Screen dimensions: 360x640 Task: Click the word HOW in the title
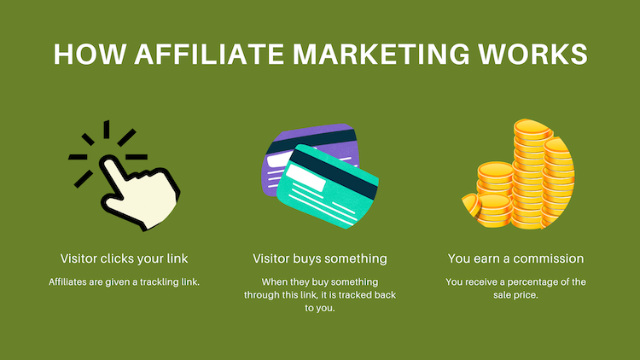(x=84, y=53)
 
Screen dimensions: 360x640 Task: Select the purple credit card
(x=294, y=158)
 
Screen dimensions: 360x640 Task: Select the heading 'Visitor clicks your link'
(x=124, y=258)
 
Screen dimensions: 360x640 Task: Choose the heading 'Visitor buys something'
(x=320, y=258)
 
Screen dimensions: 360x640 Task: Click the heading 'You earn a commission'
(x=515, y=258)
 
